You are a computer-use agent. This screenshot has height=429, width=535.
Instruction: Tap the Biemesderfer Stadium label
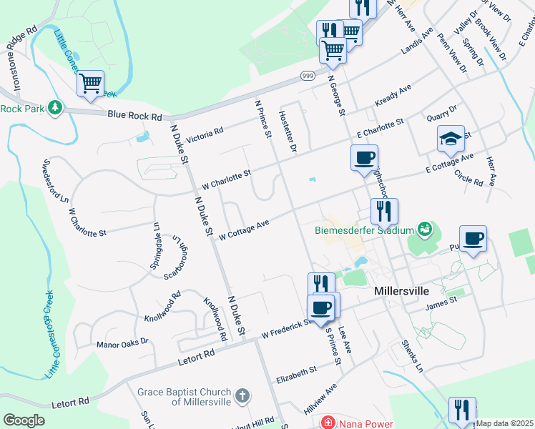(x=365, y=230)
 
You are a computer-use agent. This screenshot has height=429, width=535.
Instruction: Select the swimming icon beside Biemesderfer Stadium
(x=426, y=229)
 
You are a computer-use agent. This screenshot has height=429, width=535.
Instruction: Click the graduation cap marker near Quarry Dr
(x=451, y=139)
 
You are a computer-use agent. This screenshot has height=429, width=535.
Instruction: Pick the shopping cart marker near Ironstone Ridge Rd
(x=90, y=83)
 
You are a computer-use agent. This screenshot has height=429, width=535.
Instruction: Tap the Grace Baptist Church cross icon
(x=242, y=395)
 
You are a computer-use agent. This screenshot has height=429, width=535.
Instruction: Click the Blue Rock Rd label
(x=134, y=114)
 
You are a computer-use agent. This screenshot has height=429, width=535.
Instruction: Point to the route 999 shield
(x=308, y=77)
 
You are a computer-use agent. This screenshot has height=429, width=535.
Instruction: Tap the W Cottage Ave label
(x=243, y=230)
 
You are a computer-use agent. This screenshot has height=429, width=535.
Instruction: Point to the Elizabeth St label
(x=296, y=373)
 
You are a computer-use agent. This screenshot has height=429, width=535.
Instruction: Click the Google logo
(x=24, y=420)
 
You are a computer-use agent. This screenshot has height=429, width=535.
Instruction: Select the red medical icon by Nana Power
(x=328, y=423)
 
